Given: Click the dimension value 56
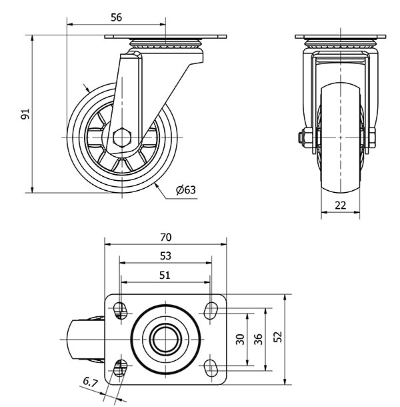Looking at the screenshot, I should coord(116,18).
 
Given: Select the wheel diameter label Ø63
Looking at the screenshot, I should coord(186,190).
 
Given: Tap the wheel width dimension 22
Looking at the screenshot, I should coord(341,205).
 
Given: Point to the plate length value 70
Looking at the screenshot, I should coord(166,237).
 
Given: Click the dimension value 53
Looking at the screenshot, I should coord(166,256).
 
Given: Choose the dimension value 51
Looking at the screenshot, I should coord(165,274).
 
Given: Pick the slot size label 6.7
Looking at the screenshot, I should coord(91,382).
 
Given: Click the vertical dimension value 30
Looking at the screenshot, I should coord(241,339).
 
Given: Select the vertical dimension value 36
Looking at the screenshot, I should coord(259,339).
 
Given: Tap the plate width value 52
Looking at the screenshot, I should coord(277,339).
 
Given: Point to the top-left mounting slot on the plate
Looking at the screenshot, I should coord(121,309).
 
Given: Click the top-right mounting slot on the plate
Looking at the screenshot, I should coord(211,309).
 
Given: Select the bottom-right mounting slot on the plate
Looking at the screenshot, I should coord(211,366).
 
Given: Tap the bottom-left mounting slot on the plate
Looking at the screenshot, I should coord(121,366).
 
